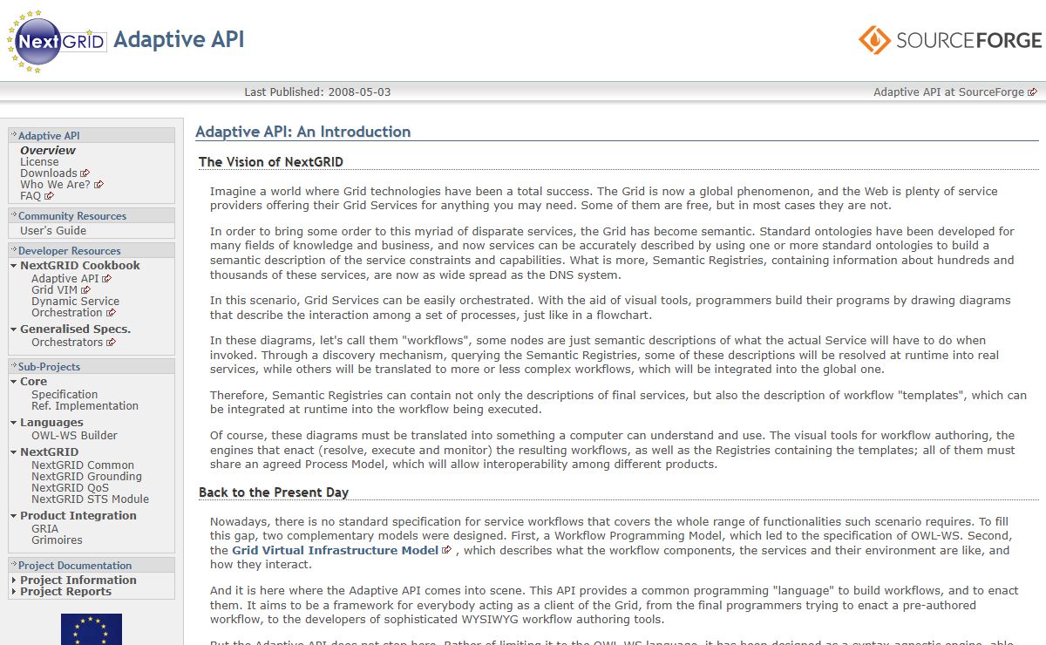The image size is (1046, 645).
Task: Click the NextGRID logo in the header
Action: (58, 41)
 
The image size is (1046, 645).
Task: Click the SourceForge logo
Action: (949, 40)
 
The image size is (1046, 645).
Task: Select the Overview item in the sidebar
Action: (48, 151)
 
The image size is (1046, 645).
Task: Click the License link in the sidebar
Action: (39, 162)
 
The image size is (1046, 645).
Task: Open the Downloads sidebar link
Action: (49, 173)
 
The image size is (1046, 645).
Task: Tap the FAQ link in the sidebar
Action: (31, 196)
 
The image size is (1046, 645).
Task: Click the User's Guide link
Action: (53, 231)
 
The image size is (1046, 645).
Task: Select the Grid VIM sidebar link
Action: (55, 290)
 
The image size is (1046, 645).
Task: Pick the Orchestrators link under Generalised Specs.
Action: (67, 343)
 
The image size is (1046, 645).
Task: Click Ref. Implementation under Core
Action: (85, 406)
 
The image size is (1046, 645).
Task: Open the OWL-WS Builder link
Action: (74, 436)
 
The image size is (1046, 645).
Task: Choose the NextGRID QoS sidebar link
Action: (71, 488)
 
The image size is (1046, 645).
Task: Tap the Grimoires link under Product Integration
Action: (57, 540)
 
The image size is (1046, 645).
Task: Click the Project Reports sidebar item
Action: (65, 592)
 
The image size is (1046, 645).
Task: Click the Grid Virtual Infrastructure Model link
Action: (335, 551)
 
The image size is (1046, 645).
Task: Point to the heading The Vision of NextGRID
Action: (271, 162)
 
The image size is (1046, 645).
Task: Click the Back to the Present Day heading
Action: (274, 492)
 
